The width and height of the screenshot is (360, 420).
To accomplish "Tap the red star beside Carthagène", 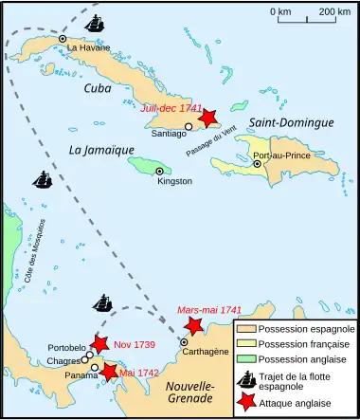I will click(194, 327).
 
